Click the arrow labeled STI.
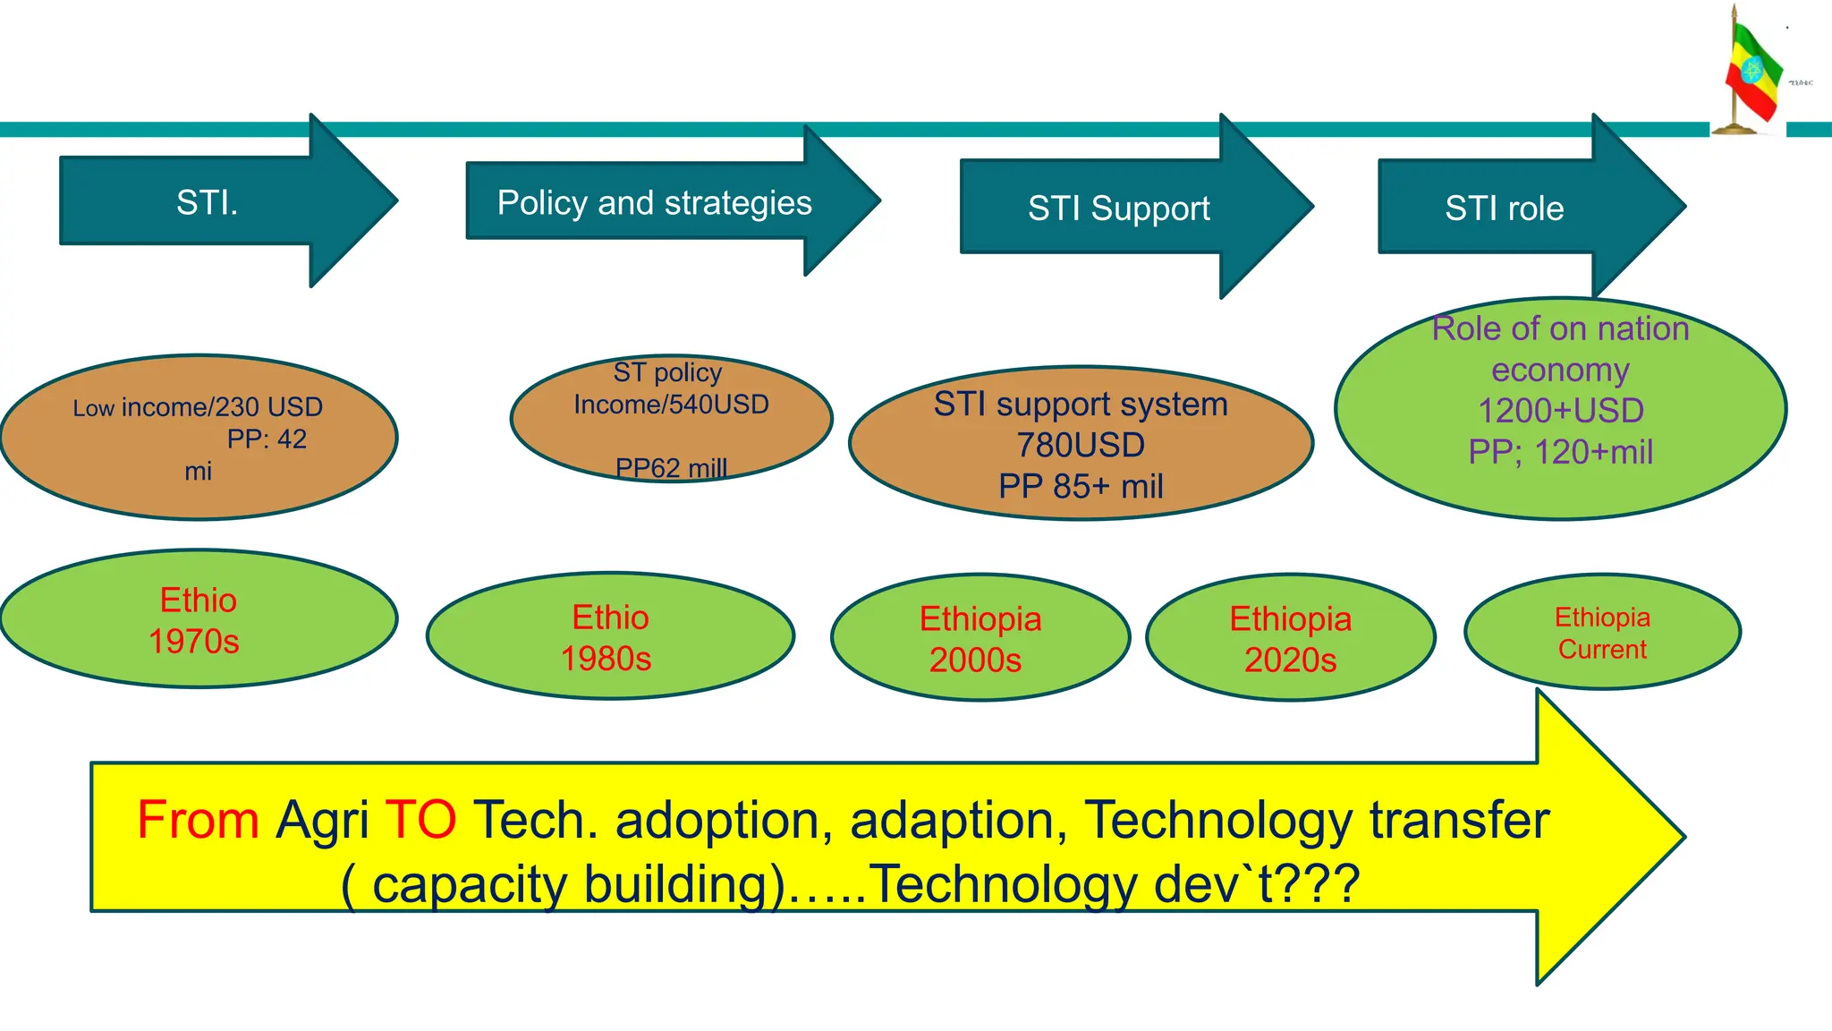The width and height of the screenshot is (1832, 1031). [208, 202]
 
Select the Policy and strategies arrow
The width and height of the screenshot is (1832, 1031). [654, 203]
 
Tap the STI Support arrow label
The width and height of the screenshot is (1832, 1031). [1118, 209]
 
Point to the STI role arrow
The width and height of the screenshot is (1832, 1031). [1504, 209]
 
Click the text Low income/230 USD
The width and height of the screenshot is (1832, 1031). [198, 407]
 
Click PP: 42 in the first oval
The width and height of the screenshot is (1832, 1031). [266, 439]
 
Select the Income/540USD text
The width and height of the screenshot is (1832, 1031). [671, 405]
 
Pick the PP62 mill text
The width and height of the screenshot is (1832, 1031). [671, 467]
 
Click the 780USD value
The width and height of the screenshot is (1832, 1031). [1081, 445]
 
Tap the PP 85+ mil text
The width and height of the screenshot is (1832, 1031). [1081, 486]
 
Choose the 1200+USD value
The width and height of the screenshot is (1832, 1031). [1560, 411]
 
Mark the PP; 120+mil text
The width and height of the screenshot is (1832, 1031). [1560, 452]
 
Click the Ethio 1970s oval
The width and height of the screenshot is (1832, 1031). [198, 619]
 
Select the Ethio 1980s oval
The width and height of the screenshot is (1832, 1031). [610, 636]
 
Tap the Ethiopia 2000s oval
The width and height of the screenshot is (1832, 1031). [980, 638]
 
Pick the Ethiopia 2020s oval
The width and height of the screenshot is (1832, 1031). [1290, 638]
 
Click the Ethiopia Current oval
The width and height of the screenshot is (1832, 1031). [1601, 632]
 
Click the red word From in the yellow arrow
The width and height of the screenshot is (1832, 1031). [198, 820]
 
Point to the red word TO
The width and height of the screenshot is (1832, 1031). [420, 820]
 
